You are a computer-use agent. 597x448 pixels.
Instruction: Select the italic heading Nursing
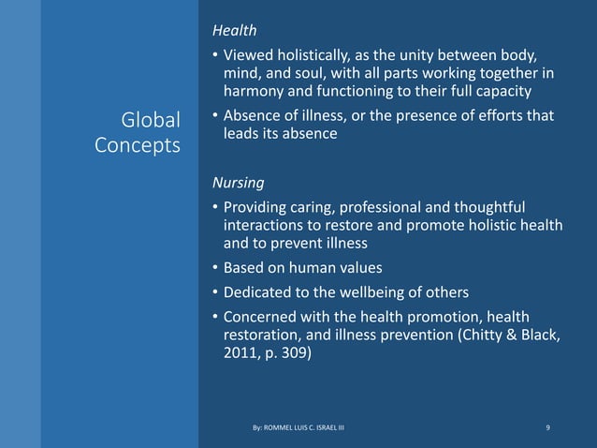(236, 183)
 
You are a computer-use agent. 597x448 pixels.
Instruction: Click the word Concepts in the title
(138, 147)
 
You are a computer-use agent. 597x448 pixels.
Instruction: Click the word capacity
(499, 92)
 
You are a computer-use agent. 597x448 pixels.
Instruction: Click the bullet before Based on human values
(214, 267)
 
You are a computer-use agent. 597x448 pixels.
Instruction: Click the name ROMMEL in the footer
(278, 428)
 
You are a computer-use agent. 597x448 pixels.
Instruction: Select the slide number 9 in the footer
(547, 428)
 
